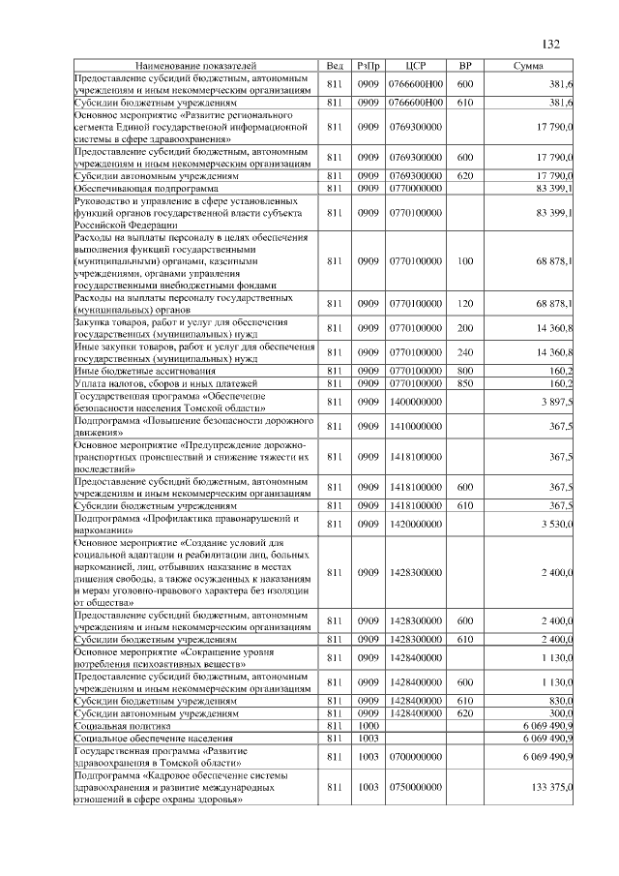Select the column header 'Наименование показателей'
click(x=194, y=65)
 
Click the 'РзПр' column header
click(x=368, y=65)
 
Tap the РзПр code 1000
click(x=368, y=725)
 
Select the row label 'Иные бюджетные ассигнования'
click(x=145, y=371)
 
